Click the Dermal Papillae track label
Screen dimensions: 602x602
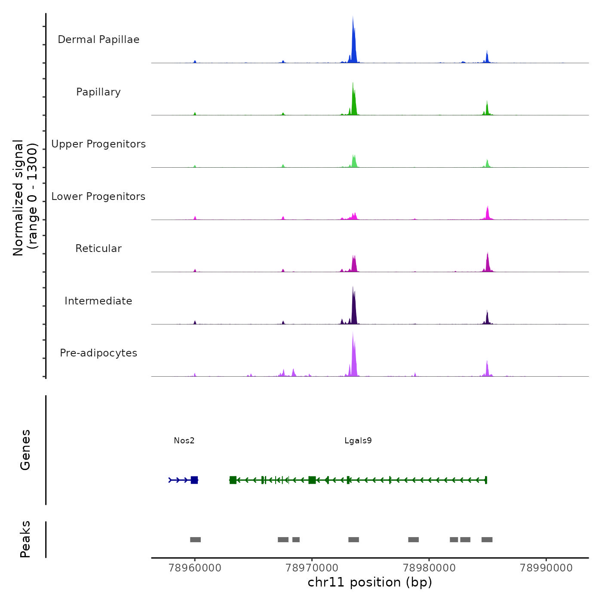tap(98, 40)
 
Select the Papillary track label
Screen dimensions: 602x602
tap(98, 92)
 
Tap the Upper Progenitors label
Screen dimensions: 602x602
tap(98, 144)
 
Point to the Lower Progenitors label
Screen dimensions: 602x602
tap(98, 197)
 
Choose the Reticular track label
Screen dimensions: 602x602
tap(98, 249)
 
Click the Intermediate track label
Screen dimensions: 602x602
tap(98, 301)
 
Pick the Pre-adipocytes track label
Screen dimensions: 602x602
tap(98, 353)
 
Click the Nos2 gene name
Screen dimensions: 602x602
tap(184, 441)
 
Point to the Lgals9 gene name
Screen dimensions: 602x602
tap(358, 441)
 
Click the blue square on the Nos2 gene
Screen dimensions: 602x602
tap(194, 480)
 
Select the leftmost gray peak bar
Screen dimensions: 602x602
tap(195, 540)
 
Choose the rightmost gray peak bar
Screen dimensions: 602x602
tap(487, 540)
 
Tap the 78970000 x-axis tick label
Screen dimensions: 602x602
tap(312, 568)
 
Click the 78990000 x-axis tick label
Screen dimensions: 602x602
tap(546, 568)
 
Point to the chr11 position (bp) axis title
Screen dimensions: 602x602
tap(370, 582)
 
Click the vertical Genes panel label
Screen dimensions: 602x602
tap(25, 450)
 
